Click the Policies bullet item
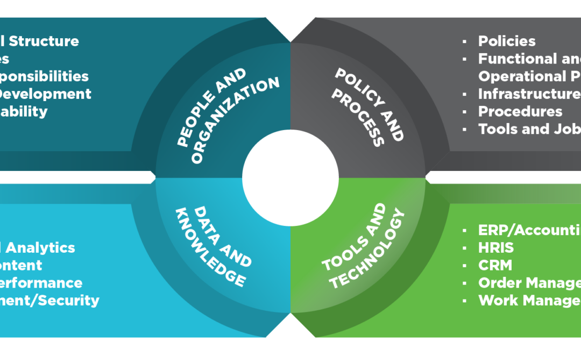(x=507, y=41)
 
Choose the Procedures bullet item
(x=520, y=111)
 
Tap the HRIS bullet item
(x=496, y=247)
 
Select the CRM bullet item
(x=495, y=265)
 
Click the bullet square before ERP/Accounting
(x=464, y=230)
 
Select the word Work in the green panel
(x=498, y=300)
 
